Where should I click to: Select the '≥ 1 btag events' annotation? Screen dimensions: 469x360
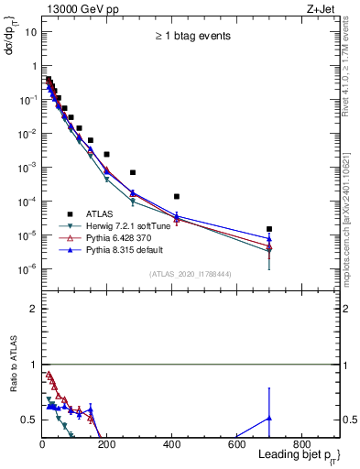tap(191, 37)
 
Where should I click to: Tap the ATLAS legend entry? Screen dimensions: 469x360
tap(101, 212)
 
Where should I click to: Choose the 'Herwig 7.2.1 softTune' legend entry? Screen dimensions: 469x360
tap(127, 224)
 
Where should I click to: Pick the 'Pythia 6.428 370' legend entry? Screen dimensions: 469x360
tap(120, 236)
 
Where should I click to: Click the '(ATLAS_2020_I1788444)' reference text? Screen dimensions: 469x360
tap(190, 273)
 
